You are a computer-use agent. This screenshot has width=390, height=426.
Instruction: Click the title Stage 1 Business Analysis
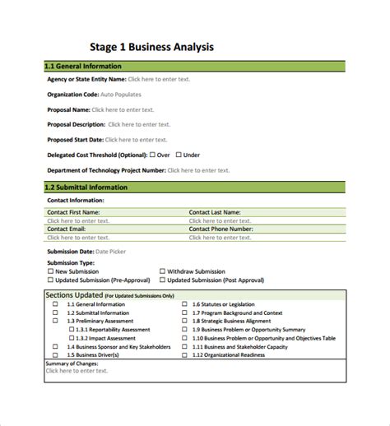[x=152, y=47]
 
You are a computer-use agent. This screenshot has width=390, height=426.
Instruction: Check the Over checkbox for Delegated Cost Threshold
[x=152, y=155]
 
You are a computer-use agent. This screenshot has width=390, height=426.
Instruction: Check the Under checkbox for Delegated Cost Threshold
[x=179, y=155]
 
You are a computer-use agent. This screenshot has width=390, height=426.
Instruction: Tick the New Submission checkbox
[x=51, y=271]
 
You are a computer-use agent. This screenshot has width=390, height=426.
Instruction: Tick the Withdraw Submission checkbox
[x=161, y=271]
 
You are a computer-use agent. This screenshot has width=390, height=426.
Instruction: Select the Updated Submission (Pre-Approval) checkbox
[x=51, y=280]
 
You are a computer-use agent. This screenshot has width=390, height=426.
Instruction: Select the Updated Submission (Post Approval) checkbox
[x=161, y=280]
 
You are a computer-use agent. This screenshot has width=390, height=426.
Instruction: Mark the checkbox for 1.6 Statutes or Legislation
[x=184, y=304]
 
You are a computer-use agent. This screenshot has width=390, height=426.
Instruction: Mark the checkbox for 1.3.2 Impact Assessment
[x=71, y=338]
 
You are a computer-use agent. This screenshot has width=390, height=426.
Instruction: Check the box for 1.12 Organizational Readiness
[x=184, y=354]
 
